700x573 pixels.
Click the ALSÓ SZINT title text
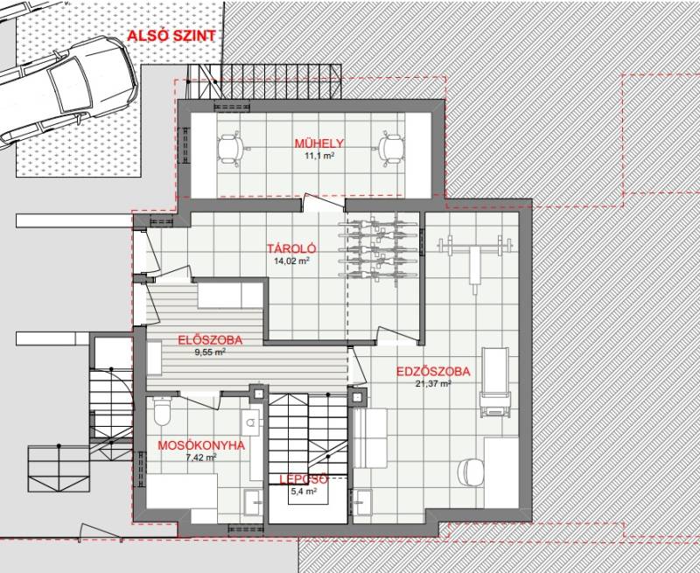[171, 36]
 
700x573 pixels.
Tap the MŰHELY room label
[318, 143]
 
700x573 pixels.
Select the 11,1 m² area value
[319, 156]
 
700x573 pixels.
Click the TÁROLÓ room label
[291, 248]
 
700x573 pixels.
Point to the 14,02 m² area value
[291, 261]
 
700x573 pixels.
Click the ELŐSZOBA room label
[210, 340]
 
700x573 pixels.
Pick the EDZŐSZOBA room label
[433, 372]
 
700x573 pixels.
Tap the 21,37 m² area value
[432, 384]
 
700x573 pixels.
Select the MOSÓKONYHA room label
[201, 445]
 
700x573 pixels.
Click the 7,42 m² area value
[201, 458]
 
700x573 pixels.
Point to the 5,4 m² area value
[304, 492]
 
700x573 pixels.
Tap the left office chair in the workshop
[230, 149]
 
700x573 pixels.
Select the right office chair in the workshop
[391, 149]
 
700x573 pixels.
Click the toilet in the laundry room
[162, 410]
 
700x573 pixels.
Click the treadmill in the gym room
[495, 383]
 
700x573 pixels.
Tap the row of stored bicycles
[379, 249]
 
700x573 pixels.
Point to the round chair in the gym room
[471, 472]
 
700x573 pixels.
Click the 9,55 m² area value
[210, 352]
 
